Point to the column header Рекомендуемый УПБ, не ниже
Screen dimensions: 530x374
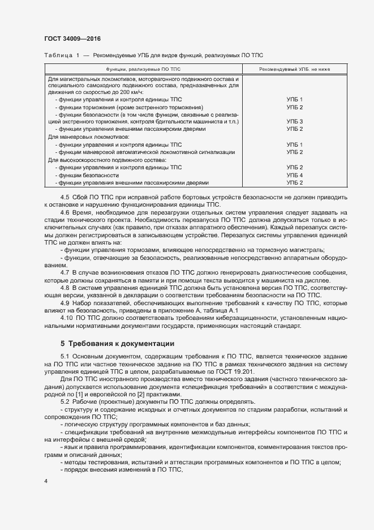(x=294, y=69)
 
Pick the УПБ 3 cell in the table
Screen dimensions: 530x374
(x=294, y=122)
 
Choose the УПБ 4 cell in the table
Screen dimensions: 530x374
(x=294, y=176)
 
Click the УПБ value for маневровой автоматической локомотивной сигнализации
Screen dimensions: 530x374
(x=294, y=152)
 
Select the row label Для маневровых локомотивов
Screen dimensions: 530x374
(x=89, y=137)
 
